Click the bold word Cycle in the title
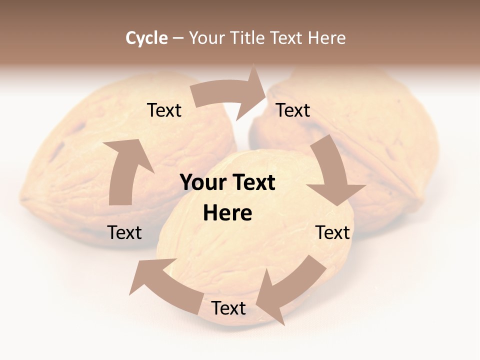coord(146,38)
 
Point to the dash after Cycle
coord(178,38)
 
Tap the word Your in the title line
coord(206,38)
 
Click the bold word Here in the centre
coord(227,213)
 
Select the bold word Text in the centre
coord(252,182)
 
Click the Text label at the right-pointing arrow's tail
coord(164,110)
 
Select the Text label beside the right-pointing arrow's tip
coord(293,110)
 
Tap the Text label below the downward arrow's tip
coord(332,232)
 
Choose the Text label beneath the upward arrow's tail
coord(124,232)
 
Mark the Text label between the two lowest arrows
coord(228,308)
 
